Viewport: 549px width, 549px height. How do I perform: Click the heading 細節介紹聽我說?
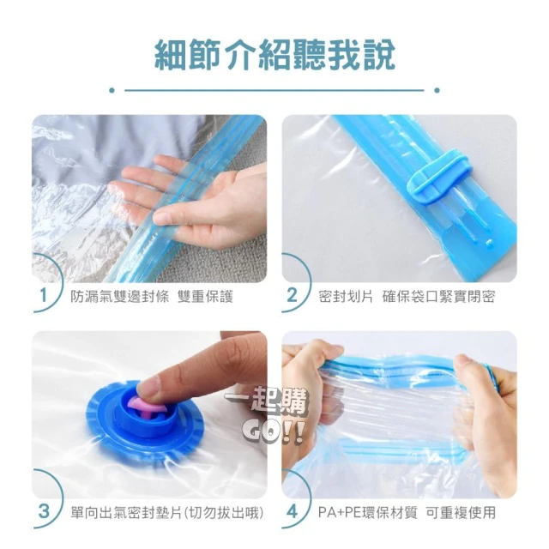point(274,55)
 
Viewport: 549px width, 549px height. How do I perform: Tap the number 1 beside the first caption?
point(44,295)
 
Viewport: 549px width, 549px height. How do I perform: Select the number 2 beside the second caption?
point(292,295)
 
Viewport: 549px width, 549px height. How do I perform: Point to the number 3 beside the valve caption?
point(44,511)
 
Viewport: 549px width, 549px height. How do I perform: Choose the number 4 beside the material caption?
point(292,511)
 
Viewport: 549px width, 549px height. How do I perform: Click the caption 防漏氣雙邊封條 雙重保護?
point(152,297)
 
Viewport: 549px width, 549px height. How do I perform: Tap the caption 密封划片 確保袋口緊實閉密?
point(407,297)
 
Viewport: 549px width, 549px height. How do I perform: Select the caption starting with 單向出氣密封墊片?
point(166,513)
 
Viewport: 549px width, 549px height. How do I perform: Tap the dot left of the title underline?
point(112,90)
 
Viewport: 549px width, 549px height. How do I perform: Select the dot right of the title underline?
point(437,90)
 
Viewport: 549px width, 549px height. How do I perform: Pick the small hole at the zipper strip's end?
point(489,242)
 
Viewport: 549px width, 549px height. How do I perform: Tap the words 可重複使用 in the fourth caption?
point(461,513)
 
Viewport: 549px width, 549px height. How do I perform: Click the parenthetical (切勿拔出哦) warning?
point(224,513)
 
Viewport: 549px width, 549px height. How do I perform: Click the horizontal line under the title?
point(274,90)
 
